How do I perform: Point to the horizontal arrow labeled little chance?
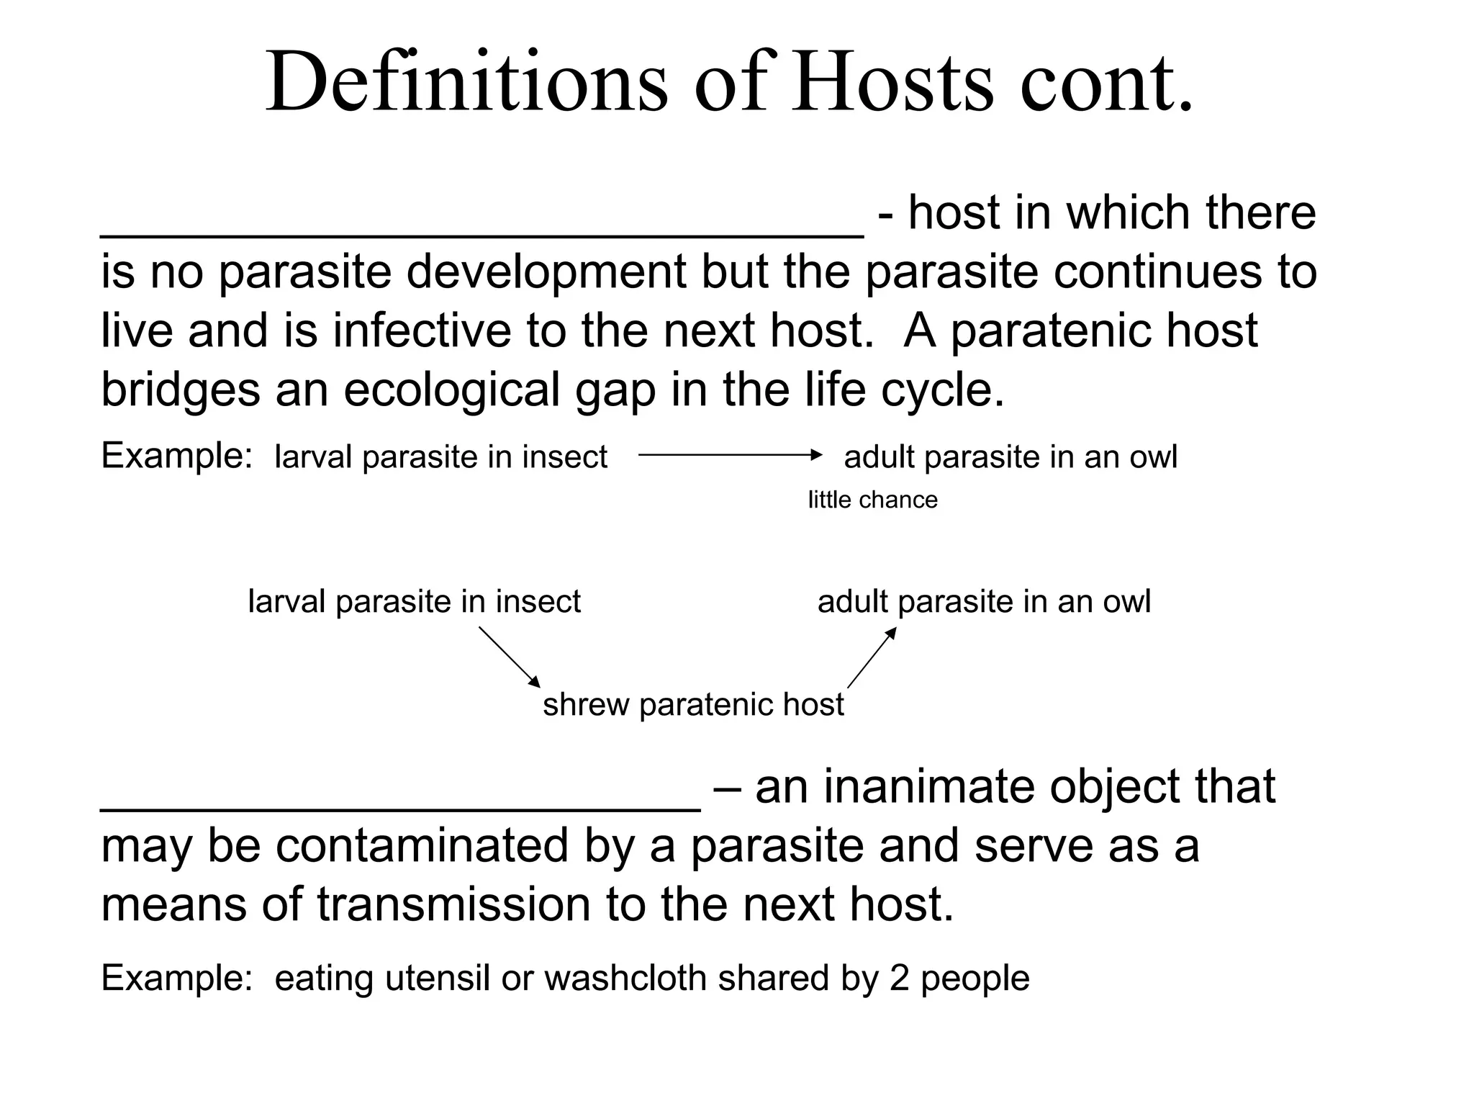click(729, 455)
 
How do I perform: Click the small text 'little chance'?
click(872, 500)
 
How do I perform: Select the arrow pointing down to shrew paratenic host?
click(509, 657)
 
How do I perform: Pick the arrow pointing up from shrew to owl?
click(872, 657)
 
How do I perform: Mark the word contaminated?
click(422, 845)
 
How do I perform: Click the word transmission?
click(453, 904)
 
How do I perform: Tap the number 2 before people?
click(900, 979)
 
